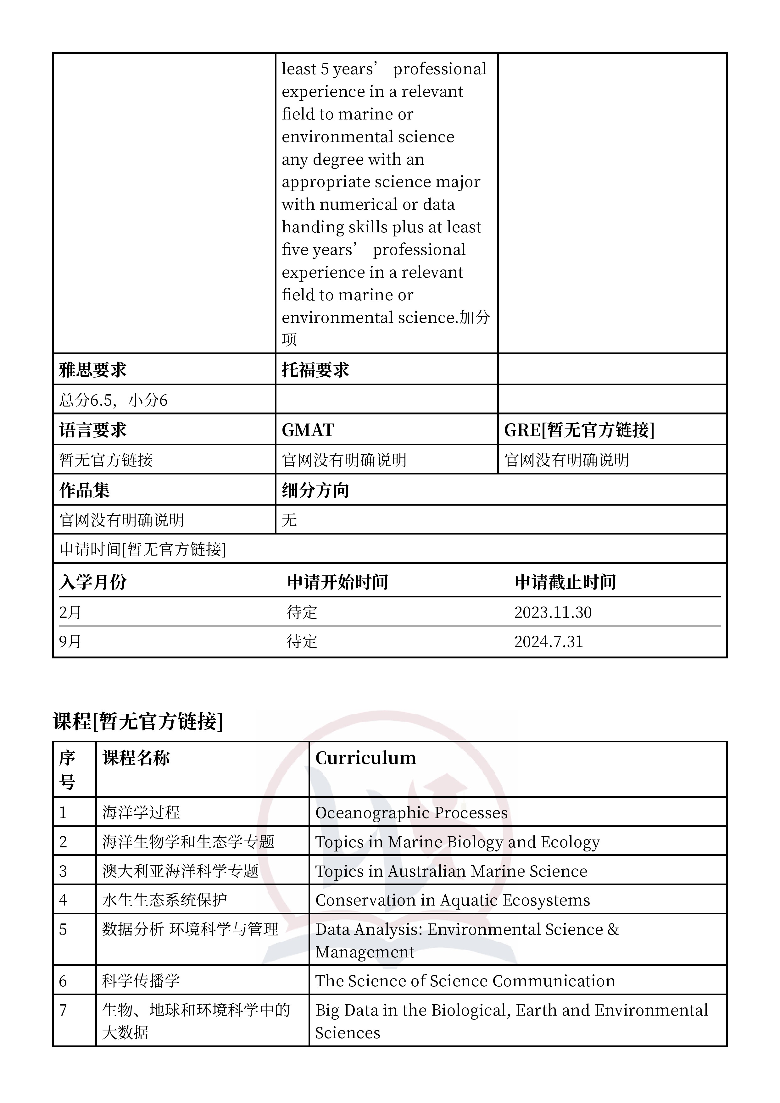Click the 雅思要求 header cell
93,370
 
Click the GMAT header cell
308,430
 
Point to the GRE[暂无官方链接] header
579,430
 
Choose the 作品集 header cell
85,490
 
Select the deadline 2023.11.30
553,612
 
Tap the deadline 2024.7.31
548,641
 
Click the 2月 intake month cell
70,612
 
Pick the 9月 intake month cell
70,641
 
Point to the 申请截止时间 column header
565,582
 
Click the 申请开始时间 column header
337,582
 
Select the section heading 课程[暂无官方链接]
138,721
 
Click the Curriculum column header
365,758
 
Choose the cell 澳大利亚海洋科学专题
180,871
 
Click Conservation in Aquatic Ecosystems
452,900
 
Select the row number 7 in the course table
63,1010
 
